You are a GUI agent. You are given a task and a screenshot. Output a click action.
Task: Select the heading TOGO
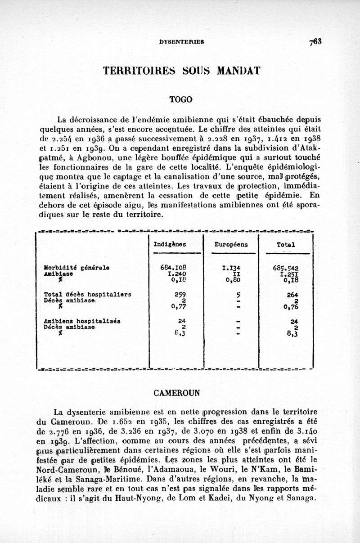pyautogui.click(x=180, y=99)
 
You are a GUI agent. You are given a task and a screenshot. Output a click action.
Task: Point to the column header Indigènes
pyautogui.click(x=167, y=245)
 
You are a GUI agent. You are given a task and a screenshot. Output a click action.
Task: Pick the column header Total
pyautogui.click(x=287, y=245)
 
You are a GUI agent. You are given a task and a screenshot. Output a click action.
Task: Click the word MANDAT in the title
pyautogui.click(x=239, y=71)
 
